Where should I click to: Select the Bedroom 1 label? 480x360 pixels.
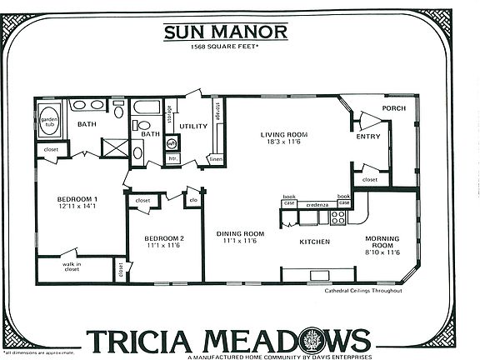77,202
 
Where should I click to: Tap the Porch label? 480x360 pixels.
393,108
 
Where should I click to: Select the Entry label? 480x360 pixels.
367,137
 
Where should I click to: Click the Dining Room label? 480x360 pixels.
240,237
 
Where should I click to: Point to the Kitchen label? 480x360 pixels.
315,242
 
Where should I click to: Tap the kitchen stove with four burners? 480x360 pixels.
338,217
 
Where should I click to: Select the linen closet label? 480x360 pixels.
216,158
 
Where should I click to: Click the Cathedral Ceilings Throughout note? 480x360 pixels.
364,291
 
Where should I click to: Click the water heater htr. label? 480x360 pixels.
172,157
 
